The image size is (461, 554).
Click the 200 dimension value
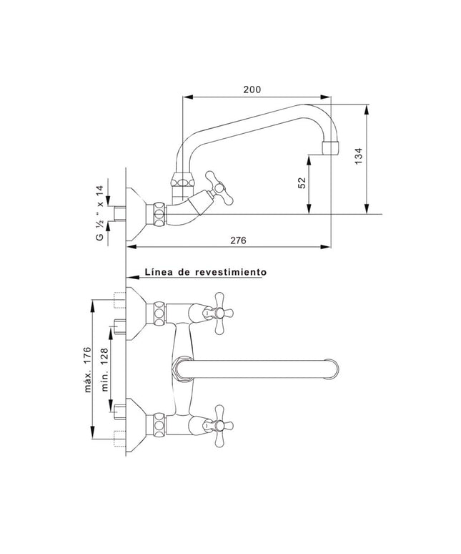[x=252, y=89]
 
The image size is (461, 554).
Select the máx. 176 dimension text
[x=86, y=369]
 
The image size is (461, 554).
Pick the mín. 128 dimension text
[x=104, y=370]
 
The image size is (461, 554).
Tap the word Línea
[x=159, y=272]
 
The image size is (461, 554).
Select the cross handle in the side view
[x=216, y=184]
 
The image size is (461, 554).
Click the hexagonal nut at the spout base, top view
[x=179, y=371]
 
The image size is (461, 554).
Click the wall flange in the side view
[x=136, y=210]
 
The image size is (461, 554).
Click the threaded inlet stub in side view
[x=119, y=213]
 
